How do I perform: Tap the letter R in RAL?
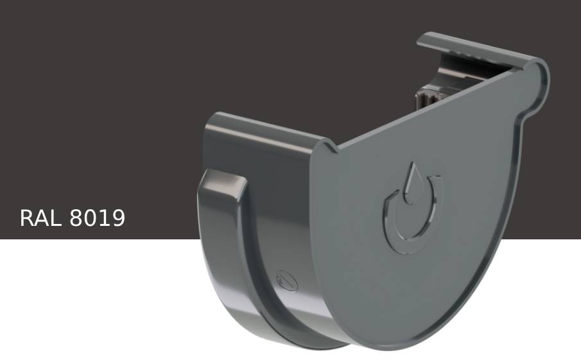click(x=27, y=218)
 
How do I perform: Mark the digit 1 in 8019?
click(x=104, y=218)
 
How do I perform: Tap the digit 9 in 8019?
click(x=117, y=218)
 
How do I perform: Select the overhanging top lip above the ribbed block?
click(x=469, y=49)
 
